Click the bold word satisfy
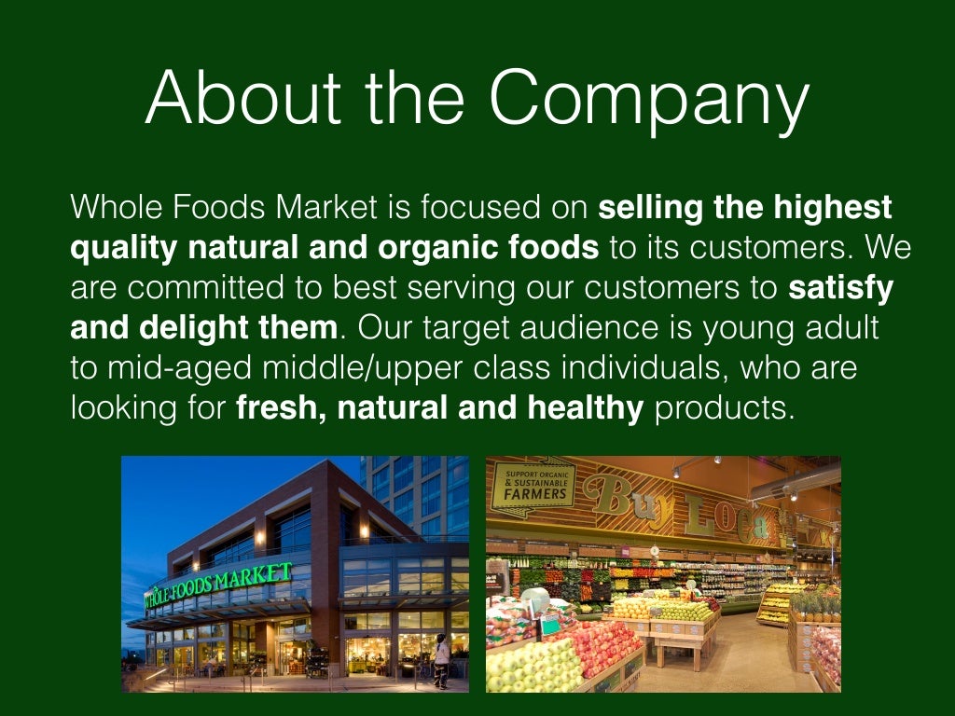pyautogui.click(x=840, y=288)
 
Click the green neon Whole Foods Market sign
pyautogui.click(x=217, y=582)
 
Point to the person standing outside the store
pyautogui.click(x=441, y=660)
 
